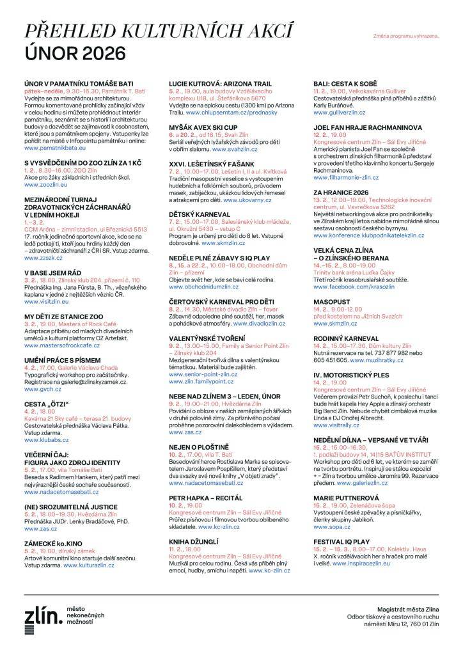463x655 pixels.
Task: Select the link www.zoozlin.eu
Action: pos(45,184)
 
